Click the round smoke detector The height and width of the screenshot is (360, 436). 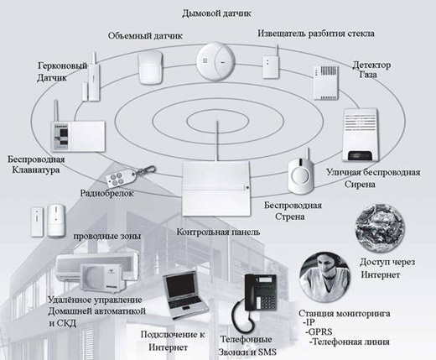coord(215,61)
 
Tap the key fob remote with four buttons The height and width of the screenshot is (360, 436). coord(129,176)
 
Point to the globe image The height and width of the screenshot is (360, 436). coord(380,228)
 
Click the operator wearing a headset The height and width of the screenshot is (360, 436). coord(324,277)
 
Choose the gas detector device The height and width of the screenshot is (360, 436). coord(325,83)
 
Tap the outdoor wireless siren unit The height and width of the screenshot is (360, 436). coord(361,135)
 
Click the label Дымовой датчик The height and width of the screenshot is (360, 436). coord(216,13)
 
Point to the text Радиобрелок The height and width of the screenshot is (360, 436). coord(107,193)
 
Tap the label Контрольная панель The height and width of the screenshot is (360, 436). coord(218,232)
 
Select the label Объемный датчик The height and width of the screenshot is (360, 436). coord(145,36)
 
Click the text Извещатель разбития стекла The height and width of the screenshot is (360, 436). coord(316,34)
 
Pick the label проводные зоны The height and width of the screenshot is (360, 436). coord(106,236)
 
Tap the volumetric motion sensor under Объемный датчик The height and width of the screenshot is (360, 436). coord(151,67)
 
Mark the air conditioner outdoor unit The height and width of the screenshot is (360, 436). coord(102,278)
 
